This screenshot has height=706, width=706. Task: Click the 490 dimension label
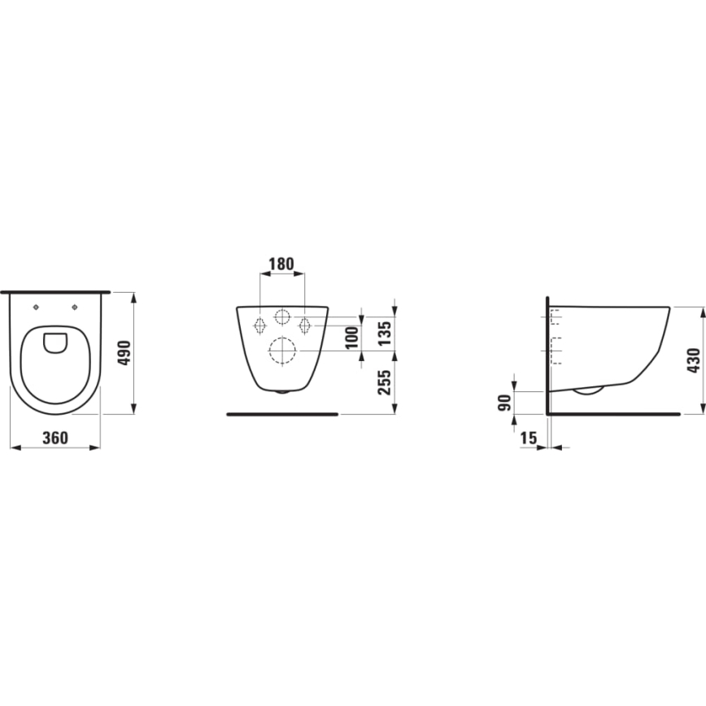pos(124,353)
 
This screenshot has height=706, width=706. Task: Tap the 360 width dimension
pos(55,438)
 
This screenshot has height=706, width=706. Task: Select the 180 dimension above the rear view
pos(281,264)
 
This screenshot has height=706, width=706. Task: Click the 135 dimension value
pos(385,333)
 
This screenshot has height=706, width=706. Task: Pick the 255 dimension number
pos(384,383)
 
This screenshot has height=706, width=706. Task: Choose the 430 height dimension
pos(694,360)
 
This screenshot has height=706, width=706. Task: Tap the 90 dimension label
pos(505,403)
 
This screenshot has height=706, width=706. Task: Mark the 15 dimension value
pos(529,438)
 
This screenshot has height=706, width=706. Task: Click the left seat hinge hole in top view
pos(37,307)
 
